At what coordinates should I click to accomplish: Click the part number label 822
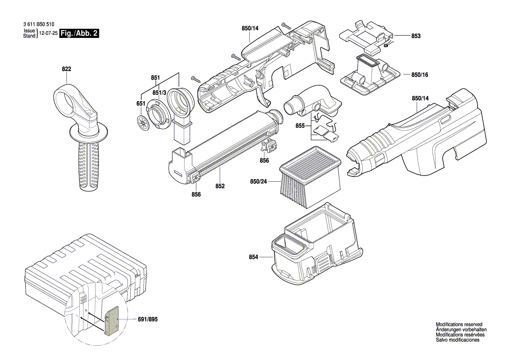tap(66, 69)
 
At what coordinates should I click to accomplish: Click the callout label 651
tap(141, 104)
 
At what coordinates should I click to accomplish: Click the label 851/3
tap(159, 93)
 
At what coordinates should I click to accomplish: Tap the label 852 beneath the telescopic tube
tap(219, 186)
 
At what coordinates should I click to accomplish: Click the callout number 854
tap(253, 258)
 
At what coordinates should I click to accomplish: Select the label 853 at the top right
tap(416, 36)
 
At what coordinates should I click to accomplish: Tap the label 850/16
tap(420, 75)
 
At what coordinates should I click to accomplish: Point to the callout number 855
tap(300, 125)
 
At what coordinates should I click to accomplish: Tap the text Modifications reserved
tap(459, 325)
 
